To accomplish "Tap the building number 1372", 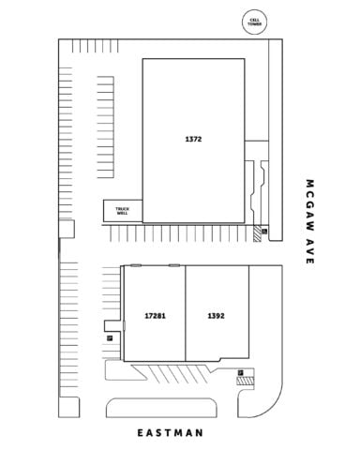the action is point(193,139).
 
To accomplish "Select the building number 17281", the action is point(155,316).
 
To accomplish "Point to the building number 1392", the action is point(216,316).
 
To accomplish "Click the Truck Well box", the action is point(123,211).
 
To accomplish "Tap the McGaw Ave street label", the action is point(309,221).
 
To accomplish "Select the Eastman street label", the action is point(171,433).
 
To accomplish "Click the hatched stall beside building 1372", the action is point(257,233).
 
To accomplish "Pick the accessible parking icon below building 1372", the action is point(264,232).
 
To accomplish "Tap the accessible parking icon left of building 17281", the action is point(110,337).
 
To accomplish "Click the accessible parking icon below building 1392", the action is point(240,372).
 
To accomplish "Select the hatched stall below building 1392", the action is point(245,382).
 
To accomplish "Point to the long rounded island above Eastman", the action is point(161,408).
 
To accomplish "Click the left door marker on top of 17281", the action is point(136,265).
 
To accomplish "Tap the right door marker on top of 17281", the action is point(174,265).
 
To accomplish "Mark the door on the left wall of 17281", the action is point(124,325).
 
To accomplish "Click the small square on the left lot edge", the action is point(67,229).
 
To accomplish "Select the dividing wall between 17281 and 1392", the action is point(186,313).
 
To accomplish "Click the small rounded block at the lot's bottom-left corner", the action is point(69,407).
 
